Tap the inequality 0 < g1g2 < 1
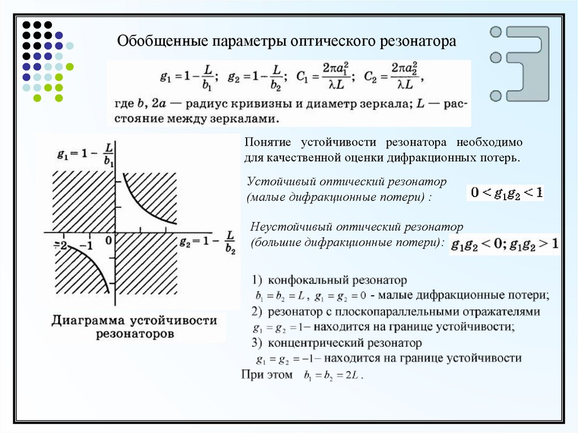[x=506, y=193]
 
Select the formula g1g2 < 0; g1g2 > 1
[x=505, y=245]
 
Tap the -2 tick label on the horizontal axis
[x=60, y=246]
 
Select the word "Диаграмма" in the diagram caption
[x=88, y=321]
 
